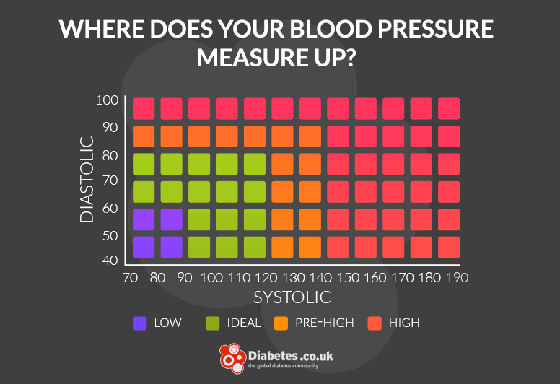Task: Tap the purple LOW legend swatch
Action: click(140, 323)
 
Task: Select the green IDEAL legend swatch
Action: click(214, 323)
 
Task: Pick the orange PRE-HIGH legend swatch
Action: click(281, 323)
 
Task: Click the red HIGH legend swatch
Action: click(375, 323)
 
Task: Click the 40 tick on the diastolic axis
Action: click(109, 260)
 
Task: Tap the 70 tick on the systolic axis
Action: click(130, 277)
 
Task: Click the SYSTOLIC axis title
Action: click(292, 297)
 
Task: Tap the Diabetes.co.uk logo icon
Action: click(233, 359)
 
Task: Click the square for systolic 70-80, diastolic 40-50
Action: click(144, 247)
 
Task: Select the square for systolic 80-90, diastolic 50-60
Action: click(172, 219)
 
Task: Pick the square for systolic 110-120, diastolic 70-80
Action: click(255, 164)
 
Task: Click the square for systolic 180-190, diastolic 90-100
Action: click(449, 108)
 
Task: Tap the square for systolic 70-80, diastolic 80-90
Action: click(144, 136)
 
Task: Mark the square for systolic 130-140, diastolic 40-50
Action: click(310, 247)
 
